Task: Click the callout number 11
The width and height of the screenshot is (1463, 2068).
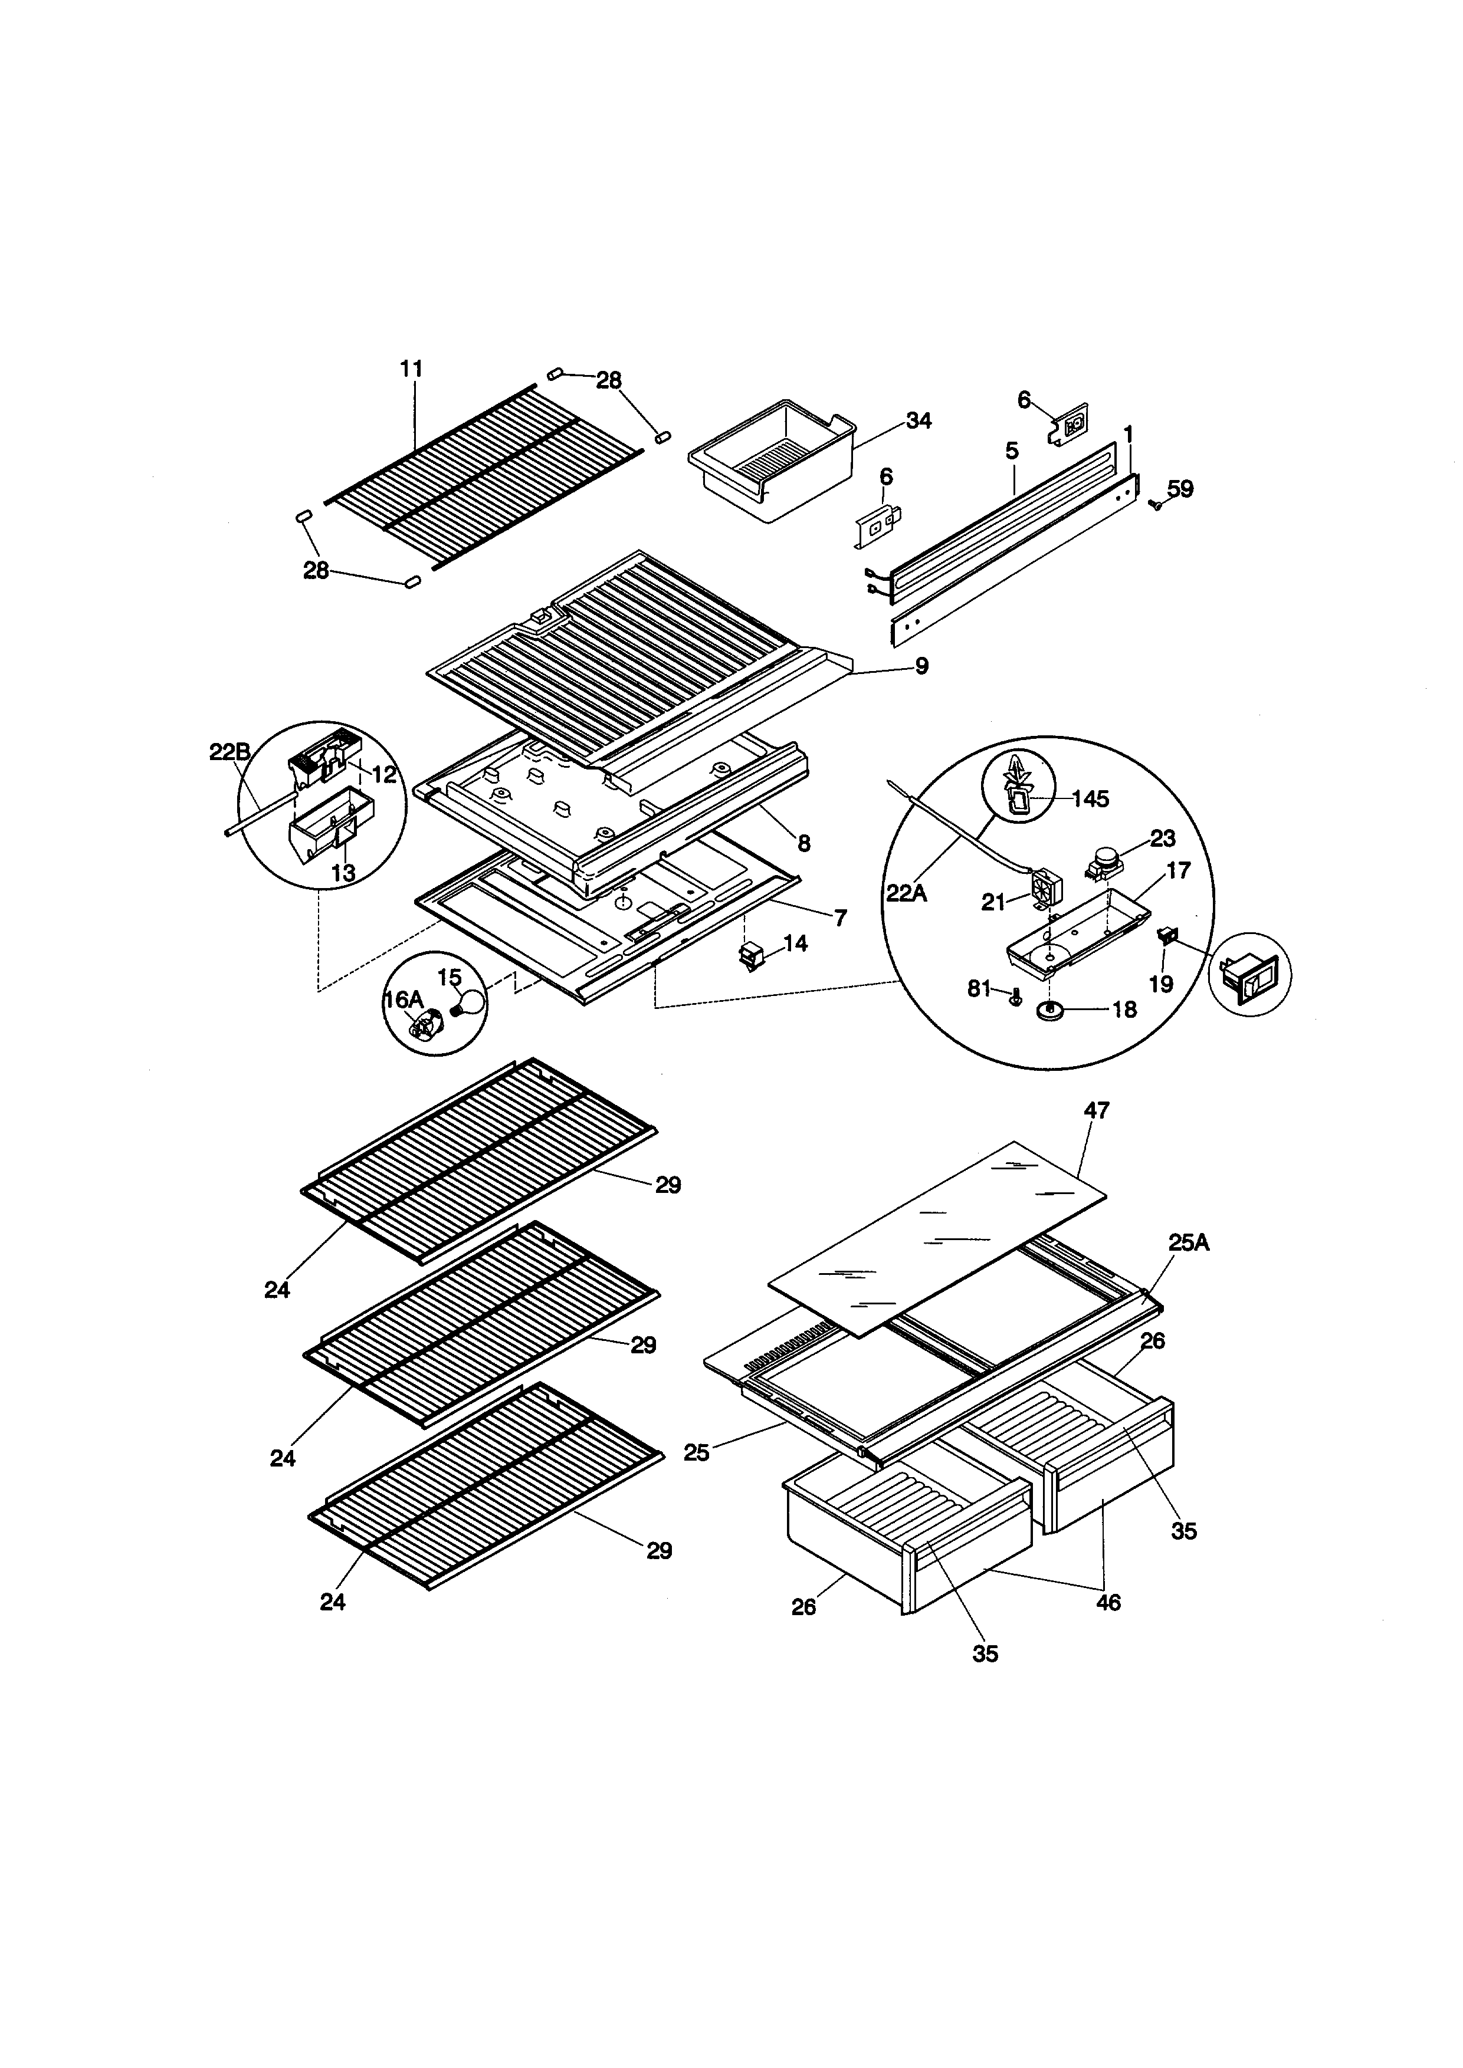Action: click(x=412, y=369)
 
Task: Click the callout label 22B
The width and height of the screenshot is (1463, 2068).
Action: click(x=229, y=752)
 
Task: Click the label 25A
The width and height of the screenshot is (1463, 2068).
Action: click(x=1189, y=1243)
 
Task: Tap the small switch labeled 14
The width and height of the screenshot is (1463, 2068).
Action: click(x=750, y=958)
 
